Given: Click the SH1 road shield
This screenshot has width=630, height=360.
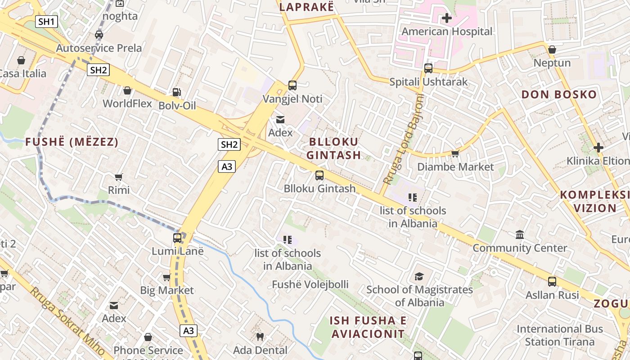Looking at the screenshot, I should (x=47, y=21).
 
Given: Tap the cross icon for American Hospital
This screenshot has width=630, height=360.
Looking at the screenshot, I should (x=447, y=18).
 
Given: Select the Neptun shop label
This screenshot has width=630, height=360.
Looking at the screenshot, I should (x=552, y=63).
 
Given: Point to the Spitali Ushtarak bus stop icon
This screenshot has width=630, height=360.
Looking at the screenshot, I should (x=428, y=68).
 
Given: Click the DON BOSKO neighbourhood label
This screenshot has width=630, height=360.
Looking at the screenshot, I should (x=559, y=95).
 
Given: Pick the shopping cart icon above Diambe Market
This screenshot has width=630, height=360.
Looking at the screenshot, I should (x=455, y=154).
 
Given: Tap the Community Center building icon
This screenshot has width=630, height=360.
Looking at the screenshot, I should (x=520, y=235).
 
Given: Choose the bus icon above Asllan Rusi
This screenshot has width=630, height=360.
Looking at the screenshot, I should (x=552, y=282).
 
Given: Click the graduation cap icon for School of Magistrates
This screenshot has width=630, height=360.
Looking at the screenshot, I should (x=419, y=276).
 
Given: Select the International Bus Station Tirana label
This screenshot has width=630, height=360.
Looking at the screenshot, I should (x=559, y=335).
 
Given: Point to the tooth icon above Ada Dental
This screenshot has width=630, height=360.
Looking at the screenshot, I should (x=260, y=337).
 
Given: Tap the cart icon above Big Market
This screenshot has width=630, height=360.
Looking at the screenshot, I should (x=166, y=277).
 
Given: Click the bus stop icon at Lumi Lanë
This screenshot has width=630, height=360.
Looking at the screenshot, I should (x=178, y=238).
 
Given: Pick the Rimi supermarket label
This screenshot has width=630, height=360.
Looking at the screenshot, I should (x=119, y=190).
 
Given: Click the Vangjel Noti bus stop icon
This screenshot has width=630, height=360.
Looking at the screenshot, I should (x=292, y=85).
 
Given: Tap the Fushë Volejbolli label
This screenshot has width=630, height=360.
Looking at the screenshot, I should (x=310, y=284).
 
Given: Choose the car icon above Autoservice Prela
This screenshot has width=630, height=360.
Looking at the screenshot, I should (x=99, y=35).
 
